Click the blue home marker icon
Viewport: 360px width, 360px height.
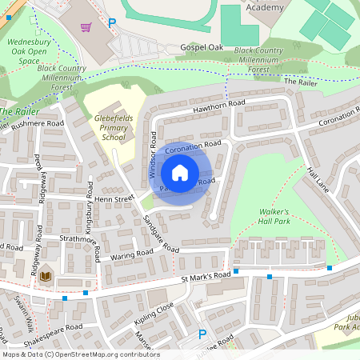coord(180,173)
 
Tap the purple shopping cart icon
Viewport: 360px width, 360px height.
coord(86,26)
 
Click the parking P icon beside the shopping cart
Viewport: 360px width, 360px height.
coord(112,24)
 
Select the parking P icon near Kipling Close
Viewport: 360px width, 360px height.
coord(202,334)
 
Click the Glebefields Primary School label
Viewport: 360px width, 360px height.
coord(114,126)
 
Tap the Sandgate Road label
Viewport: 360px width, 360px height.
coord(160,233)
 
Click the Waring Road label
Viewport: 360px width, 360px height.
coord(132,254)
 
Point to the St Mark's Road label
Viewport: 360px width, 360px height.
coord(205,276)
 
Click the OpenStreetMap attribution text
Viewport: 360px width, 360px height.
coord(80,354)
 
